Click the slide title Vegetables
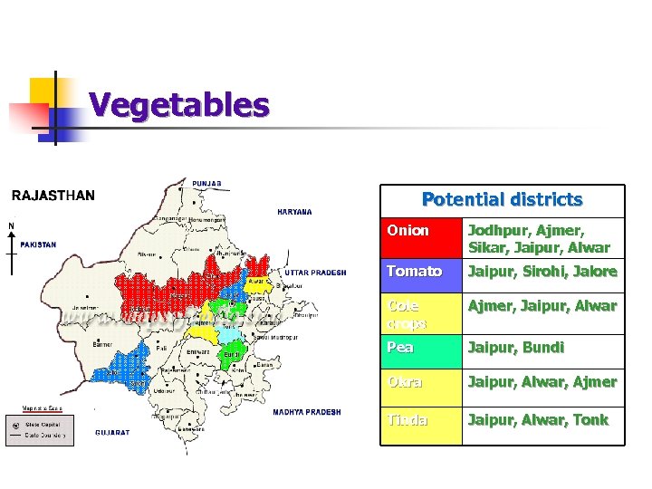click(x=179, y=106)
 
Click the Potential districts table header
click(x=503, y=199)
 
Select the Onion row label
click(x=408, y=230)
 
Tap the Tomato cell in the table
click(x=415, y=271)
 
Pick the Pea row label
click(x=400, y=347)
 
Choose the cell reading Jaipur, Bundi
click(x=515, y=347)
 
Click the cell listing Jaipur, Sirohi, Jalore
click(x=542, y=271)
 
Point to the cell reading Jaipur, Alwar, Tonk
click(x=538, y=420)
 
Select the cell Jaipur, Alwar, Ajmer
click(x=542, y=382)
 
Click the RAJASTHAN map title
click(x=53, y=195)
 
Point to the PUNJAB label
click(x=206, y=183)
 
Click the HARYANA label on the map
click(x=294, y=212)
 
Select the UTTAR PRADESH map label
click(x=315, y=272)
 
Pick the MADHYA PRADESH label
click(x=307, y=412)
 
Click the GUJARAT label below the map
click(x=112, y=432)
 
